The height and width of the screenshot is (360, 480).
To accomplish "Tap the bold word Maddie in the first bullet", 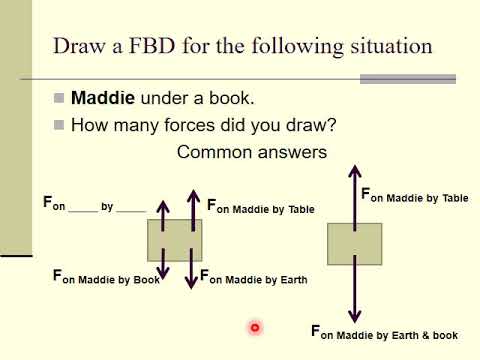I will pyautogui.click(x=103, y=99).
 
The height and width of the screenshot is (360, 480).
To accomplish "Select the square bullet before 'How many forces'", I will pyautogui.click(x=59, y=125).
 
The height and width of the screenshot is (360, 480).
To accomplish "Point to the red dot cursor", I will pyautogui.click(x=255, y=327).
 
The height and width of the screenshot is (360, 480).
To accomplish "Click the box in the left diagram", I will pyautogui.click(x=175, y=240).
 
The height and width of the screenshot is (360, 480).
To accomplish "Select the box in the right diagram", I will pyautogui.click(x=354, y=244).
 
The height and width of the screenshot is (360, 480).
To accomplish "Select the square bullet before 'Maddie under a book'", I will pyautogui.click(x=59, y=99).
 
